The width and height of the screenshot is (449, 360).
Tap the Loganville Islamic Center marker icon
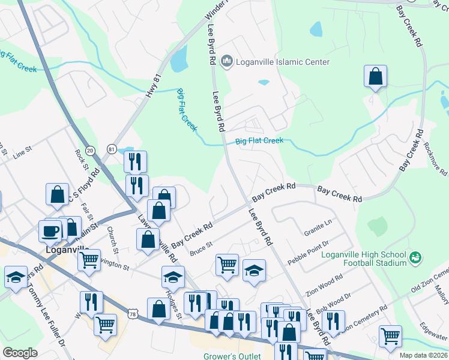[x=227, y=61]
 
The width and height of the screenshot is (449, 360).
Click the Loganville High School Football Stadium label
[x=364, y=258]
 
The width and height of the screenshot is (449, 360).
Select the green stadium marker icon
[x=414, y=258]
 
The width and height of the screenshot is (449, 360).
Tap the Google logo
[x=20, y=353]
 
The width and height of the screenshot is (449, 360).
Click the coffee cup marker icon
[x=50, y=230]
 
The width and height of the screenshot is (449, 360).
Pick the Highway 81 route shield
[x=112, y=148]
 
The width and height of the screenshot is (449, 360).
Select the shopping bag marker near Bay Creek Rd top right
[x=375, y=76]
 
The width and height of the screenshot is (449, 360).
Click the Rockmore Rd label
[x=433, y=154]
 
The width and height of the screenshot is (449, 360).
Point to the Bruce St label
[x=201, y=248]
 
